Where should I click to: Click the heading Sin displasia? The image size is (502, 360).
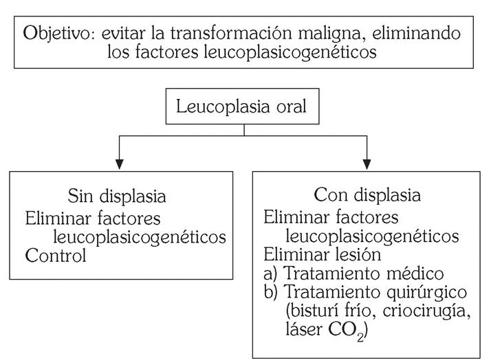coord(117,196)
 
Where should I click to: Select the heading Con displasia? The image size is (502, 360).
coord(367,196)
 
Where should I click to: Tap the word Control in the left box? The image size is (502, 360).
coord(56,256)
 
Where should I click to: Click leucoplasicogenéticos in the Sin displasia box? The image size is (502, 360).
coord(139,238)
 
